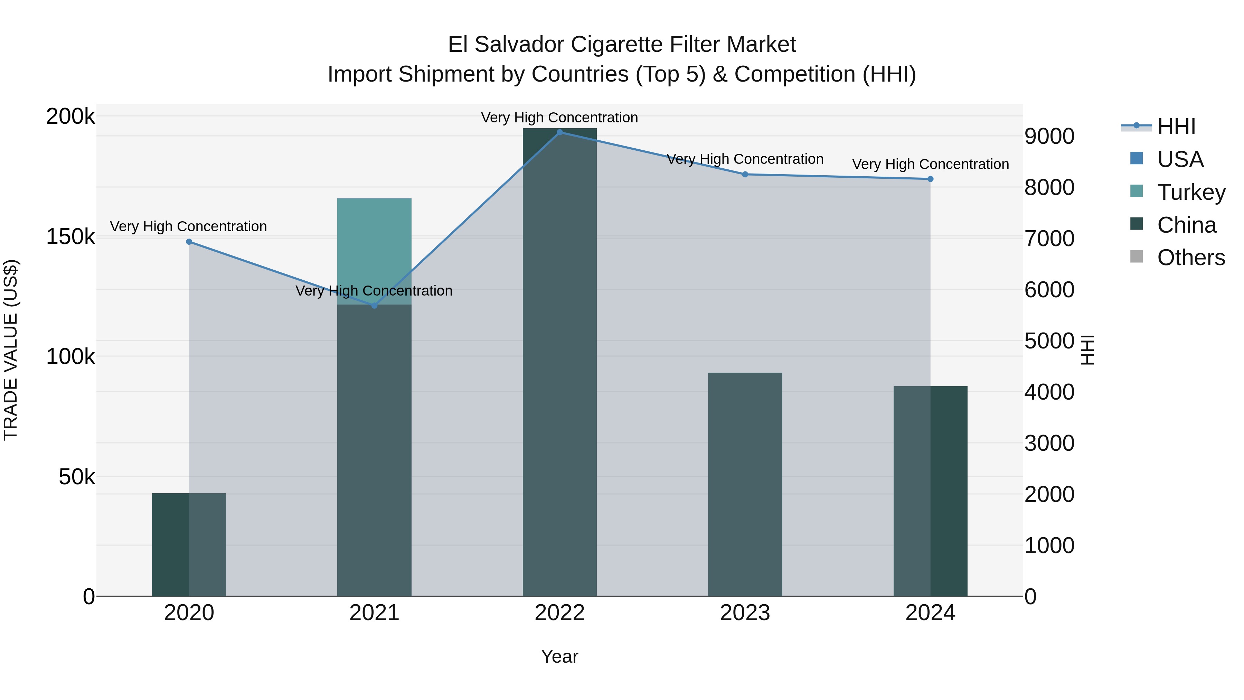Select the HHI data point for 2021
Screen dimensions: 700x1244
point(374,305)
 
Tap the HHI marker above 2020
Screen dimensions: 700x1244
point(189,242)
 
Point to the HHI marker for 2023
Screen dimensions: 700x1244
point(745,175)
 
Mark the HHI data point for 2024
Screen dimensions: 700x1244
point(930,179)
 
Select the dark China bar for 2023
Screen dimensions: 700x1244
point(745,483)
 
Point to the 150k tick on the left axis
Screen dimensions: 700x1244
point(70,237)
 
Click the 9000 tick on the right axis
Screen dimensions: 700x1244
point(1049,137)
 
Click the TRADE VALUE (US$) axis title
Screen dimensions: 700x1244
point(11,350)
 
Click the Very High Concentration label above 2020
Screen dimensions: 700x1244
point(188,226)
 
